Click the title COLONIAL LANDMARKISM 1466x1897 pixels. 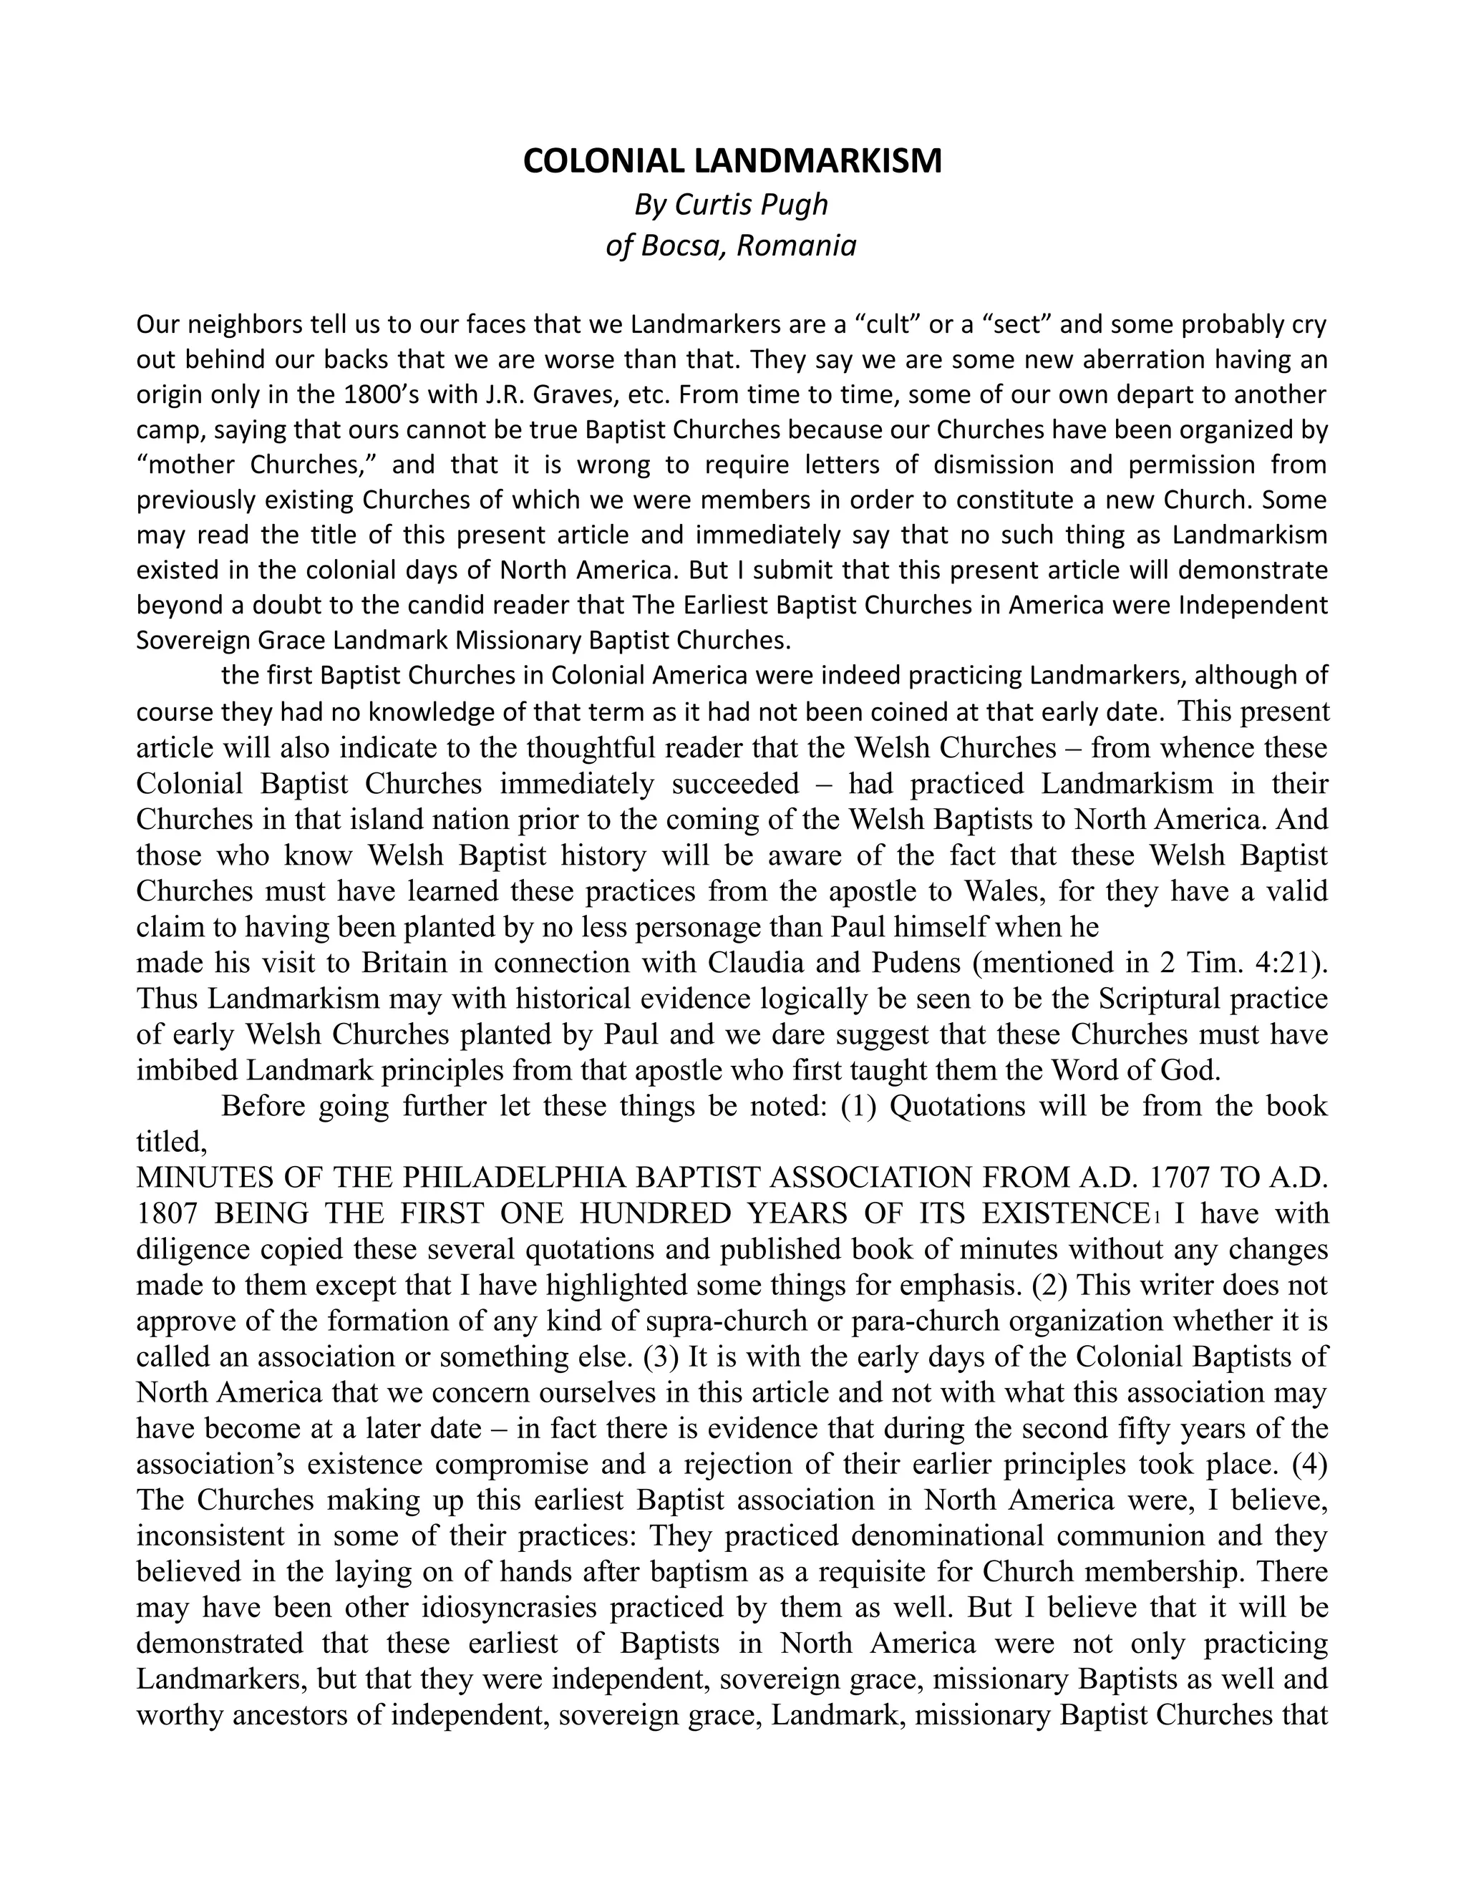click(x=732, y=162)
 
